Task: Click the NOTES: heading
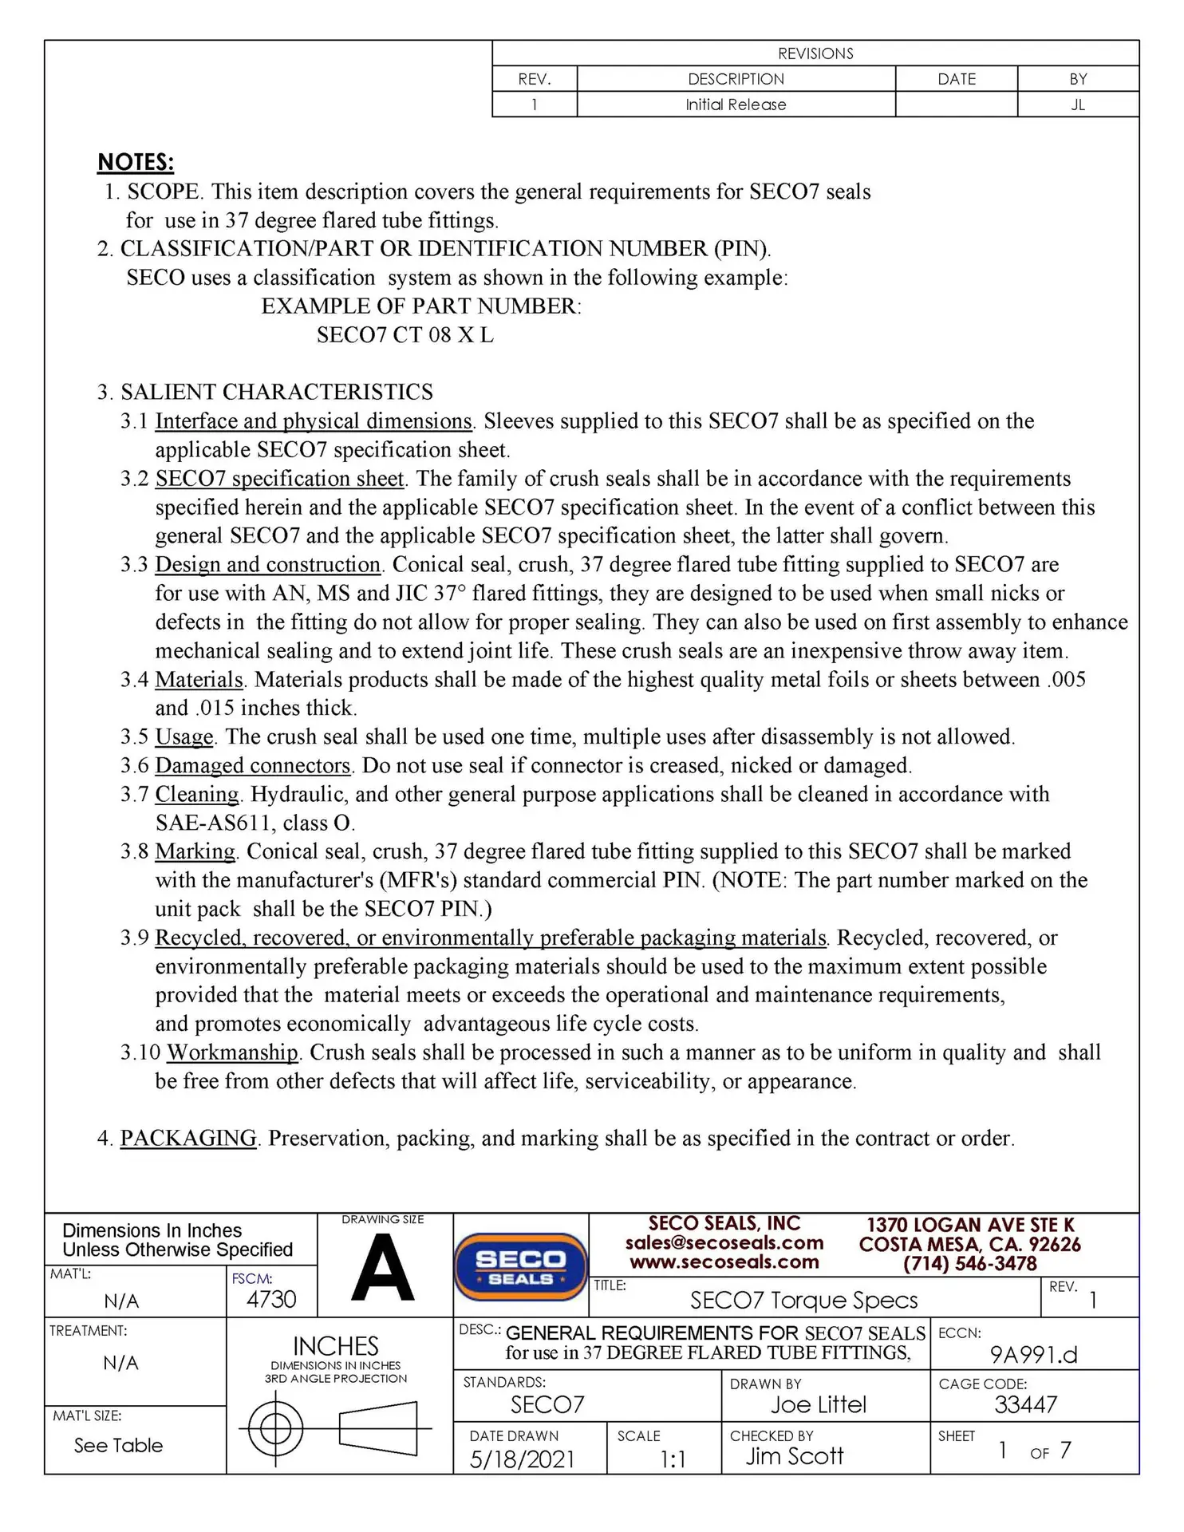[x=136, y=162]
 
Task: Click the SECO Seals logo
[x=520, y=1267]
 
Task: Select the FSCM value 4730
[x=271, y=1300]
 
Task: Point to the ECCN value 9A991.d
[x=1033, y=1355]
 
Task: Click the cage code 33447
[x=1026, y=1404]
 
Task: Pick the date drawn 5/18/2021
[x=522, y=1459]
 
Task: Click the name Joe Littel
[x=818, y=1404]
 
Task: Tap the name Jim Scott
[x=795, y=1456]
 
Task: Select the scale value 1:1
[x=673, y=1459]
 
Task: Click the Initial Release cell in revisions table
[x=736, y=105]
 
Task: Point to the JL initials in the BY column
[x=1078, y=105]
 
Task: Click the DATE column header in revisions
[x=957, y=79]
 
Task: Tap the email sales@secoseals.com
[x=724, y=1242]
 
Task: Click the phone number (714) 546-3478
[x=970, y=1264]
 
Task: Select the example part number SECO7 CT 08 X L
[x=405, y=335]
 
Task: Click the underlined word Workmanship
[x=232, y=1052]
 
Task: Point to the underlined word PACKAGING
[x=188, y=1139]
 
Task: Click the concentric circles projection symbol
[x=276, y=1428]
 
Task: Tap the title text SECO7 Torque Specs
[x=804, y=1301]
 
